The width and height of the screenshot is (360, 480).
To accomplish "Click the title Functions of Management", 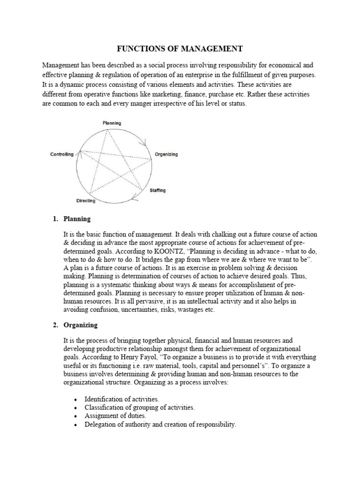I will [180, 48].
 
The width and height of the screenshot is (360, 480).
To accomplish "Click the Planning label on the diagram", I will [112, 123].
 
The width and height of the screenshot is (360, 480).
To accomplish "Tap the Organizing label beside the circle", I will [166, 155].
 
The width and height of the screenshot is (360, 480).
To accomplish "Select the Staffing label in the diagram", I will [157, 191].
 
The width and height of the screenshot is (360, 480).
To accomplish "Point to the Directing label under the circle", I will [85, 201].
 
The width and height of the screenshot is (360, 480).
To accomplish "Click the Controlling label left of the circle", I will [61, 155].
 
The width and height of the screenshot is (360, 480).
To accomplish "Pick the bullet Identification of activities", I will [121, 399].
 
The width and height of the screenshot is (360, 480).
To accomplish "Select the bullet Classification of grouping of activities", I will [139, 407].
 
